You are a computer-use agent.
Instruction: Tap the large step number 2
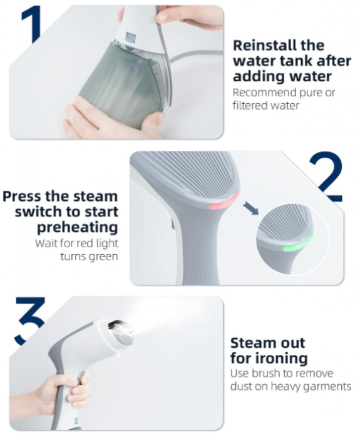pyautogui.click(x=326, y=176)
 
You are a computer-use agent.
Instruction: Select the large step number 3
pyautogui.click(x=30, y=320)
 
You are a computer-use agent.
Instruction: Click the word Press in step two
pyautogui.click(x=22, y=196)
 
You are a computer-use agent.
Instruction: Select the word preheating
pyautogui.click(x=78, y=228)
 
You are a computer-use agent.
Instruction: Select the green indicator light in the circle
pyautogui.click(x=298, y=244)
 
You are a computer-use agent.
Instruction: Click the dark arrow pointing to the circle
pyautogui.click(x=250, y=208)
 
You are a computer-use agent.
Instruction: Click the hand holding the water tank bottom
pyautogui.click(x=112, y=120)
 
